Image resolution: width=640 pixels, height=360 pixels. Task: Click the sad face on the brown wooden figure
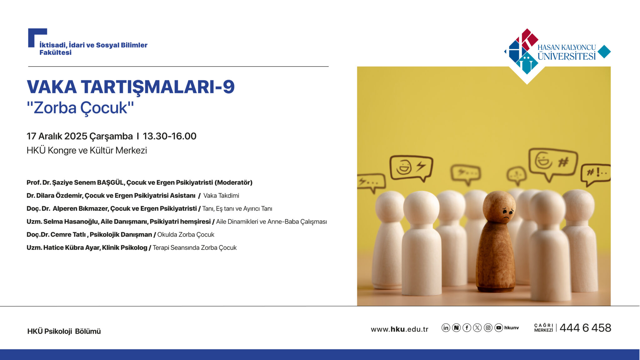[x=507, y=213]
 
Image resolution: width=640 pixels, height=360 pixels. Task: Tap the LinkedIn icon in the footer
[x=446, y=327]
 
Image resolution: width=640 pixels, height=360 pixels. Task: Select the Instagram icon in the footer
[x=488, y=327]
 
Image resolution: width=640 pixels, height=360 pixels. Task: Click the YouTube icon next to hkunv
[x=499, y=327]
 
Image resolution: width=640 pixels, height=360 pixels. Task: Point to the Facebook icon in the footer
[x=467, y=327]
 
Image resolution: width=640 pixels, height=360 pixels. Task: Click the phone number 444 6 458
[x=585, y=328]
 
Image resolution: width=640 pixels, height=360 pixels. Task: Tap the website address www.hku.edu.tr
[x=399, y=329]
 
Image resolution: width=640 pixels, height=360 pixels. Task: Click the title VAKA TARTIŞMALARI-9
[x=131, y=87]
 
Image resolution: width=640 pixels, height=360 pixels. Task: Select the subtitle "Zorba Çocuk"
[x=80, y=108]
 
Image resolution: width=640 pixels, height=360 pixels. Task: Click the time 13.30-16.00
[x=169, y=136]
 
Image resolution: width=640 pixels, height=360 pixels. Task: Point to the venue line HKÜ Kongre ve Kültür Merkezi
[x=87, y=150]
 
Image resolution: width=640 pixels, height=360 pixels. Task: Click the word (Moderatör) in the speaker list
[x=233, y=182]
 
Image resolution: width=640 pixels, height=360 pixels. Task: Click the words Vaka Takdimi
[x=221, y=196]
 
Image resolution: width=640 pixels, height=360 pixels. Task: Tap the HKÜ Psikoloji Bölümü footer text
[x=64, y=331]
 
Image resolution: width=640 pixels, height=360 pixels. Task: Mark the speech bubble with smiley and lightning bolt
[x=411, y=168]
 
